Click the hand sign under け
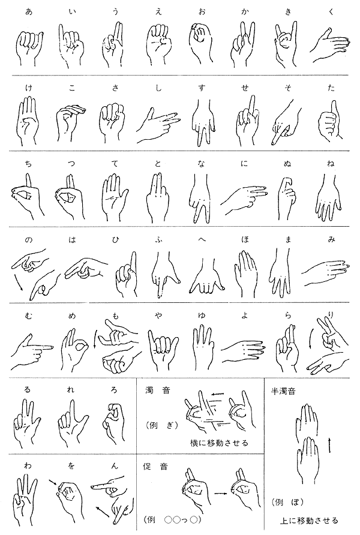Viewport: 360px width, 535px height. click(x=28, y=122)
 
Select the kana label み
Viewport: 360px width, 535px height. click(x=331, y=239)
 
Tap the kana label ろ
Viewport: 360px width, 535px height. click(x=114, y=389)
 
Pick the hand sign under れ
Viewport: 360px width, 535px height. click(x=71, y=423)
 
